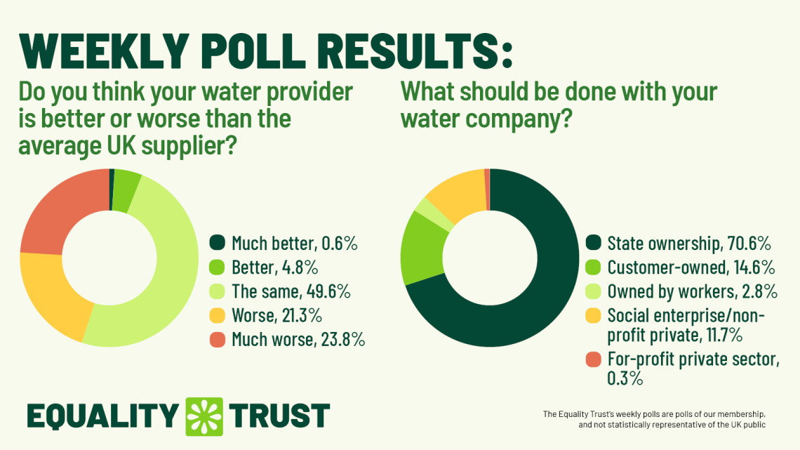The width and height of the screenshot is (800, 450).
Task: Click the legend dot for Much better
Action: pos(218,244)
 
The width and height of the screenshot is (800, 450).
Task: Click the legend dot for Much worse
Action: pos(218,340)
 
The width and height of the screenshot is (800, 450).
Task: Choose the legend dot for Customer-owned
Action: pos(593,267)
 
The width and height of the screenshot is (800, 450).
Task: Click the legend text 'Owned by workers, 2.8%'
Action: pos(691,291)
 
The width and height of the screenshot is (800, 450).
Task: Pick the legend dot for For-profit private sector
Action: pos(593,360)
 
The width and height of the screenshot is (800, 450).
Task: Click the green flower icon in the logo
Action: pos(204,415)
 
